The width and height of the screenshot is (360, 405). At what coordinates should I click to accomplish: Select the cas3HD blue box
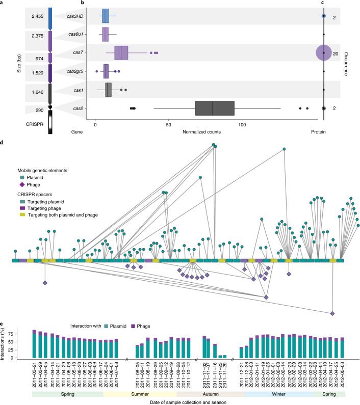click(x=105, y=16)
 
